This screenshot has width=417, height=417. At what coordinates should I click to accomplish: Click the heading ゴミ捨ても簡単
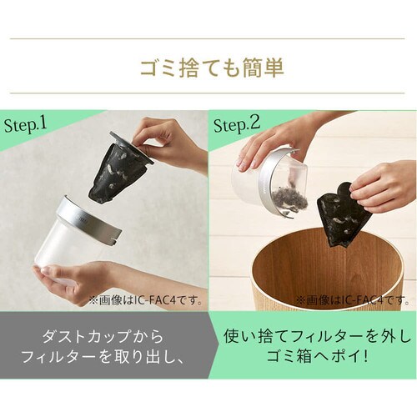212,68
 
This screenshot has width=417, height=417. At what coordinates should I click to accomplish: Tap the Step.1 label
25,125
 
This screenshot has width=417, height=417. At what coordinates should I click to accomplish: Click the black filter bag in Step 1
118,170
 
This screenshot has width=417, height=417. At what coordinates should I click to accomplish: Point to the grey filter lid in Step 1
132,148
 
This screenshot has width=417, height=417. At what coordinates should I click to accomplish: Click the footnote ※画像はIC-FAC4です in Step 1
146,301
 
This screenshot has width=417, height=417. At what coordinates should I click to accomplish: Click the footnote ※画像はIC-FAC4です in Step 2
353,301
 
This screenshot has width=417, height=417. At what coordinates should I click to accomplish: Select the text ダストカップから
103,336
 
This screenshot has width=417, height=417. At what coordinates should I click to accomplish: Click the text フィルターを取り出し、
103,357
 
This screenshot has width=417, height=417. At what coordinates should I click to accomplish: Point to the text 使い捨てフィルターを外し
317,336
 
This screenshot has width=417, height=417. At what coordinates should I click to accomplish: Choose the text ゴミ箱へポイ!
317,357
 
